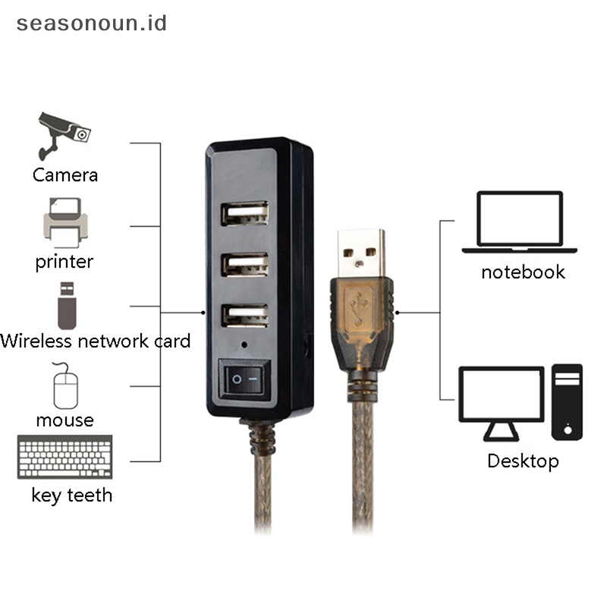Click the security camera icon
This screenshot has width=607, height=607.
tap(64, 134)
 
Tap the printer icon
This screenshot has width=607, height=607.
tap(66, 222)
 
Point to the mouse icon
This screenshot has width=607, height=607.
tap(65, 385)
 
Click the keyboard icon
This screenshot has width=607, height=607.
tap(65, 458)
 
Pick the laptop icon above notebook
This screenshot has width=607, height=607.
tap(520, 222)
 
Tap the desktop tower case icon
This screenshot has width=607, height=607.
tap(568, 401)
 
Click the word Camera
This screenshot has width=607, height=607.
tap(65, 175)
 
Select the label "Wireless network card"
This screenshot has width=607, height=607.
tap(96, 341)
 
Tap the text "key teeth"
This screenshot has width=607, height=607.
tap(72, 495)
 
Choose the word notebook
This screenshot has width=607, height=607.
tap(523, 272)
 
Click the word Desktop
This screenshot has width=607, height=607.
tap(523, 461)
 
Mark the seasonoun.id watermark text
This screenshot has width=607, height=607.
tap(92, 23)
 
